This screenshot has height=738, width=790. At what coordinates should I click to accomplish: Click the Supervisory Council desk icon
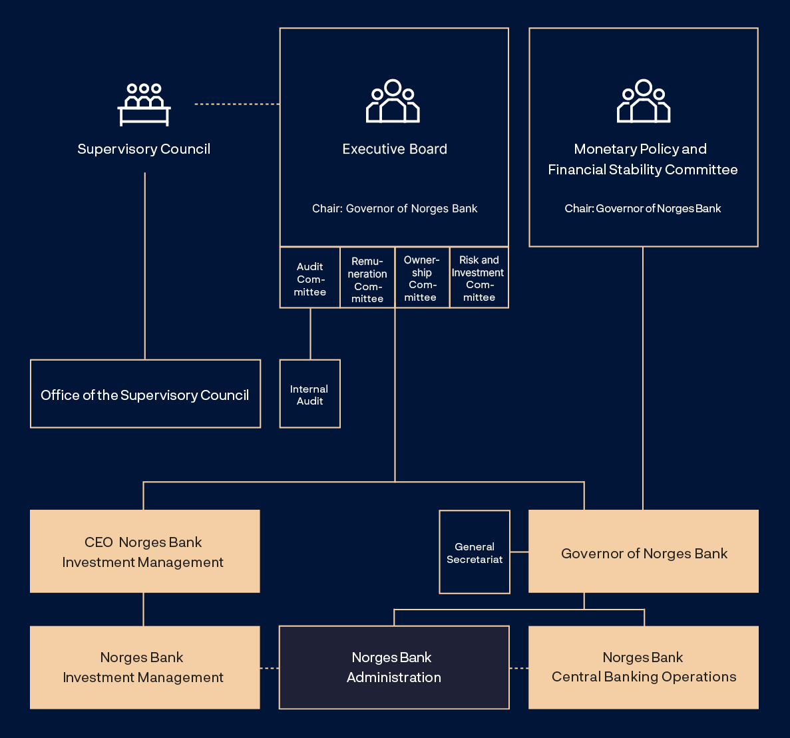(144, 104)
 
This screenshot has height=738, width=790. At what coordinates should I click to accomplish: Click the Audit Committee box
(310, 278)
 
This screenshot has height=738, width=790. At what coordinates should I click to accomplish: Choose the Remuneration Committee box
(367, 279)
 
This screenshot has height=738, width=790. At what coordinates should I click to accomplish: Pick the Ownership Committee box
(422, 278)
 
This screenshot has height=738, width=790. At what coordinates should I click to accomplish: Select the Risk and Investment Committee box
(479, 278)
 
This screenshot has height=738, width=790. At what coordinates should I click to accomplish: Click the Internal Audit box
(310, 394)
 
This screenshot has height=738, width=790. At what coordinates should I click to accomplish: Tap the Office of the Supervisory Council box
(145, 394)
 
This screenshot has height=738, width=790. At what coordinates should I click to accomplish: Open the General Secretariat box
(475, 552)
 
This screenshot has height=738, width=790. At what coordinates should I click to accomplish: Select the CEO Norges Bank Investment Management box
(145, 552)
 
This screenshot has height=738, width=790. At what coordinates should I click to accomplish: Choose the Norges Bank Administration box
(394, 667)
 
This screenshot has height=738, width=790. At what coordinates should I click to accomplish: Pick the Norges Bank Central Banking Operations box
(644, 667)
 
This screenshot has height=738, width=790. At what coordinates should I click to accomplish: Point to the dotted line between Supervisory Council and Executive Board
(237, 104)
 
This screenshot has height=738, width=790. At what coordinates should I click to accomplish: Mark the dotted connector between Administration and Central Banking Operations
(519, 667)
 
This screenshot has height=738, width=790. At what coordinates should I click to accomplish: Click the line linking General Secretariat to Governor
(519, 552)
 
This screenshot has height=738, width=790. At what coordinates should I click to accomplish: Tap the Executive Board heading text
(395, 149)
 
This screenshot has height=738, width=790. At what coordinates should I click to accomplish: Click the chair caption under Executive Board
(395, 208)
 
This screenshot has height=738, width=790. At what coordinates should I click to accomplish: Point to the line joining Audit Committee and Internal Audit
(310, 333)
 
